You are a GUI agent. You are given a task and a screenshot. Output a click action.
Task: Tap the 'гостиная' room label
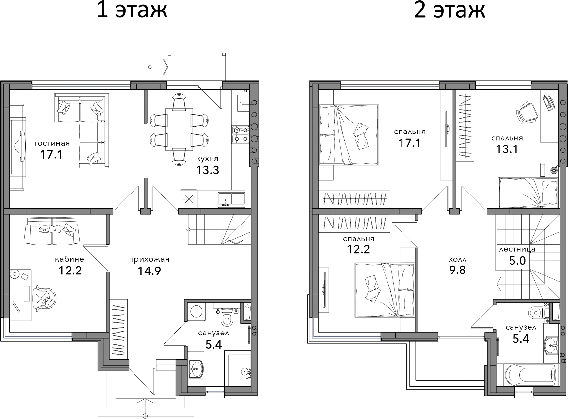pyautogui.click(x=52, y=143)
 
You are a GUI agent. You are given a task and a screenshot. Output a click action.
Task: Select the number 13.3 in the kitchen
pyautogui.click(x=207, y=170)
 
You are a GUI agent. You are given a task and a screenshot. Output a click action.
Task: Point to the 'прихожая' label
pyautogui.click(x=149, y=260)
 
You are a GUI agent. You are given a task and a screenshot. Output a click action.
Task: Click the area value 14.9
pyautogui.click(x=149, y=271)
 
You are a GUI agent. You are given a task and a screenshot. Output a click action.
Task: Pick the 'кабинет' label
pyautogui.click(x=71, y=259)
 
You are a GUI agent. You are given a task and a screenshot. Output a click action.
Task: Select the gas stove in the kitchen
pyautogui.click(x=241, y=135)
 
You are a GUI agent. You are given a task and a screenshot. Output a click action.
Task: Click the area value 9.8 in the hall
pyautogui.click(x=457, y=270)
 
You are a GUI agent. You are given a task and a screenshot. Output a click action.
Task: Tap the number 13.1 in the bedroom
pyautogui.click(x=507, y=149)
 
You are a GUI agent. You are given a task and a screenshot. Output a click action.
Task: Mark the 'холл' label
pyautogui.click(x=458, y=260)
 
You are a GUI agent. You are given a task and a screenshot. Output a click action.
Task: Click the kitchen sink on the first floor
pyautogui.click(x=231, y=199)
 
